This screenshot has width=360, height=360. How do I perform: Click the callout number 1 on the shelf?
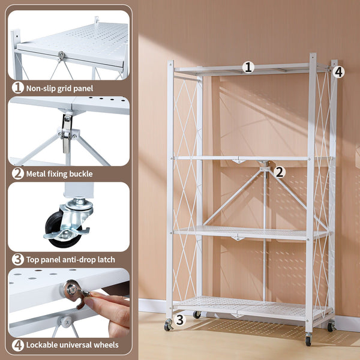tap(248, 67)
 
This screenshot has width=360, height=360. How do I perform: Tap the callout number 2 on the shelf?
tap(279, 172)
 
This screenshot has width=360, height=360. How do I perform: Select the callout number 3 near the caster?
tap(180, 320)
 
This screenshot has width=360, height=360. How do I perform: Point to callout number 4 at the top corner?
tap(338, 72)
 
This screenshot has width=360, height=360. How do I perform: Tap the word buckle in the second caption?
tap(81, 174)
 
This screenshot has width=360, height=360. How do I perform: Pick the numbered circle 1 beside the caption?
tap(18, 88)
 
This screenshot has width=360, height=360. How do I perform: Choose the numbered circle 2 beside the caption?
tap(18, 173)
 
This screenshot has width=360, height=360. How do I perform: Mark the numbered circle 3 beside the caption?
tap(18, 259)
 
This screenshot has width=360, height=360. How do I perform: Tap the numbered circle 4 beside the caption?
tap(18, 345)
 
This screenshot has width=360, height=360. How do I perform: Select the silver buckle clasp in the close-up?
tap(67, 134)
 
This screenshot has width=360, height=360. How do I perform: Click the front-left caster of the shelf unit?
tap(168, 325)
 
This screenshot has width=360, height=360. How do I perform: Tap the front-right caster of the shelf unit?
tap(308, 339)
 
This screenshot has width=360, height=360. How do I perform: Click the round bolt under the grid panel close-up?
tap(61, 55)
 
